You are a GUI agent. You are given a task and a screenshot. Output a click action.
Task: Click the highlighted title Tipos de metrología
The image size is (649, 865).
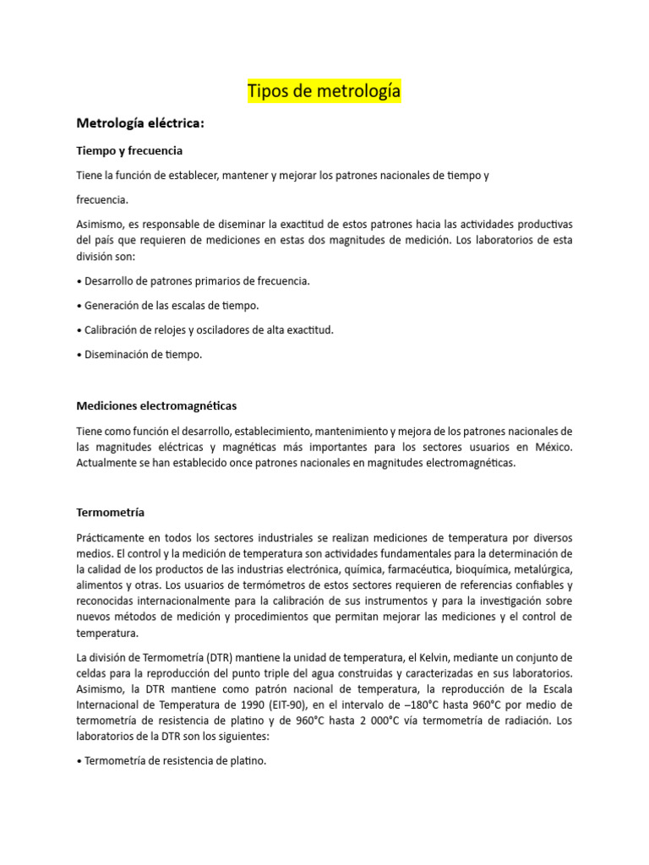click(324, 91)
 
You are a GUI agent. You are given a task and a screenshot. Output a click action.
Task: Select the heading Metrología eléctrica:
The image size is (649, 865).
click(140, 123)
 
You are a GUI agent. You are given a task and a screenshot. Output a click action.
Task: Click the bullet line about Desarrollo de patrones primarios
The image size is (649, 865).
click(193, 280)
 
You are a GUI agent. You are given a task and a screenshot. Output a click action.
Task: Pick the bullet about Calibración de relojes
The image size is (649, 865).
click(205, 329)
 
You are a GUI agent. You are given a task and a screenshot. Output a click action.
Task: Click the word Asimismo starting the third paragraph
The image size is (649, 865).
click(101, 224)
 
